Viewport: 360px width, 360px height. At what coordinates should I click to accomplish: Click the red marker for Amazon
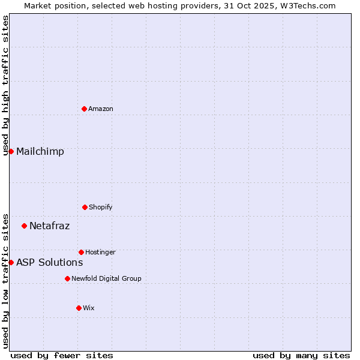pos(84,109)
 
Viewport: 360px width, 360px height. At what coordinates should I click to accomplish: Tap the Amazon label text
pos(101,109)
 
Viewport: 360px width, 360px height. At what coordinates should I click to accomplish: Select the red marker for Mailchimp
pos(11,151)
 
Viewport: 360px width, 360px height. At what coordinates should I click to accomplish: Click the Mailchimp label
pos(40,151)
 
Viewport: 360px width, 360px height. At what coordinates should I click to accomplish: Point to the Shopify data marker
pos(85,207)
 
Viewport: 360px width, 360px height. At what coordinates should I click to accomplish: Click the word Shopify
pos(101,207)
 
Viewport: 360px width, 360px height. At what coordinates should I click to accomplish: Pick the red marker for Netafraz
pos(24,226)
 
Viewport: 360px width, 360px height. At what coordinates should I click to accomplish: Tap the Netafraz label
pos(50,226)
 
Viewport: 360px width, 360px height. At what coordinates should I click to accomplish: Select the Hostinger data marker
pos(81,252)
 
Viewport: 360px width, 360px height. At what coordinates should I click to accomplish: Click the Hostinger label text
pos(100,252)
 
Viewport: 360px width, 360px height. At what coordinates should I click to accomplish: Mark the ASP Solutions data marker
pos(11,262)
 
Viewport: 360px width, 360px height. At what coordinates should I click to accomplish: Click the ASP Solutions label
pos(50,262)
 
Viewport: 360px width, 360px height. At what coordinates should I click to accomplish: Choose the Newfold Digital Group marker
pos(67,278)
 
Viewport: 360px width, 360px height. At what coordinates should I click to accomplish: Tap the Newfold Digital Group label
pos(106,278)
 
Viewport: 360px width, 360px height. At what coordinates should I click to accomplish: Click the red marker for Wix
pos(79,308)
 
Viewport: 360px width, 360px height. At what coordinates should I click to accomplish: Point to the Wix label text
pos(89,308)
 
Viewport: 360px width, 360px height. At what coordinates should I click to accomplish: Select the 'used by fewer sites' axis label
pos(62,355)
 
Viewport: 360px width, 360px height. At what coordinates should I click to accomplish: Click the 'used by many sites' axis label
pos(301,355)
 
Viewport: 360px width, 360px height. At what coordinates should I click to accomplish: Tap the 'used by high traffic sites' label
pos(5,86)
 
